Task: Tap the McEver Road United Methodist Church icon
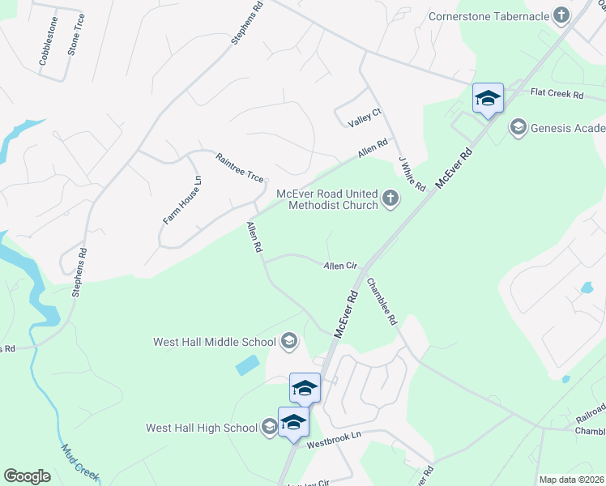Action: click(x=390, y=198)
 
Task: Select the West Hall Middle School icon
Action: click(x=288, y=342)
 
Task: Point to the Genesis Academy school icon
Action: click(x=517, y=128)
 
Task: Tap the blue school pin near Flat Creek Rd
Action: click(x=488, y=99)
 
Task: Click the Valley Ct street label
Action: click(x=364, y=117)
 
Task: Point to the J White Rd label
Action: click(x=412, y=174)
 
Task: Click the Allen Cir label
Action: click(x=340, y=265)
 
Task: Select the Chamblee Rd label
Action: click(x=382, y=302)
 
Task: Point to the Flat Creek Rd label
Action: click(x=557, y=95)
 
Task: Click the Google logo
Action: click(x=27, y=476)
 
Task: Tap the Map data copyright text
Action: click(x=571, y=480)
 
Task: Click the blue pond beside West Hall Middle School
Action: click(x=248, y=365)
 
